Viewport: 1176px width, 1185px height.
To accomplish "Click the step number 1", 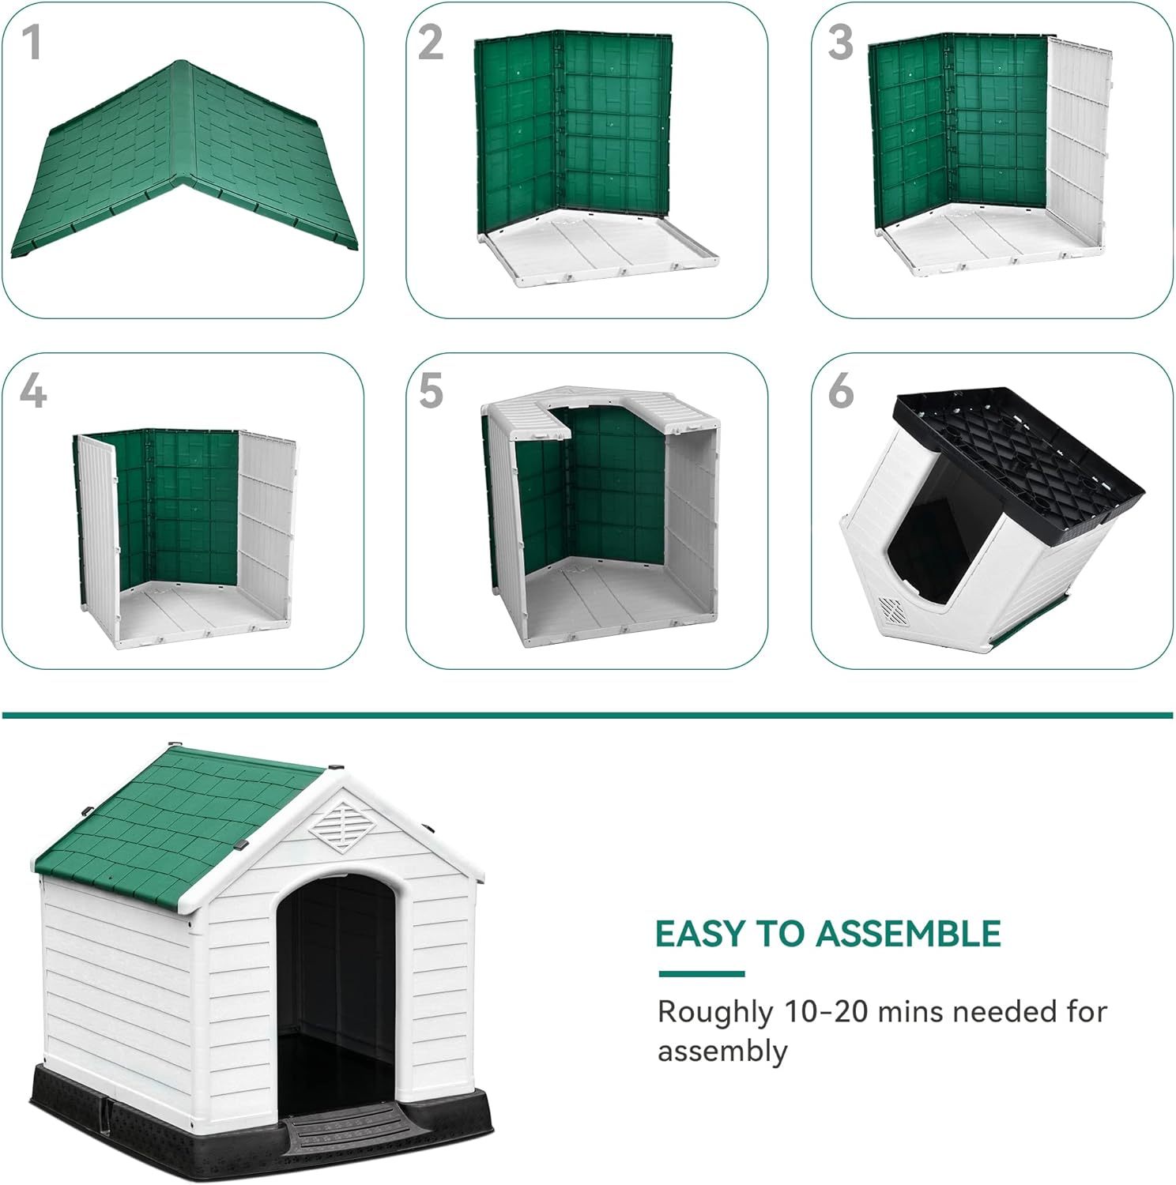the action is pyautogui.click(x=32, y=42).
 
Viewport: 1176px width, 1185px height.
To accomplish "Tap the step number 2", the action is pyautogui.click(x=431, y=42).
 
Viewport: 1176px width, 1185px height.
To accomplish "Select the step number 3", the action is pyautogui.click(x=841, y=42).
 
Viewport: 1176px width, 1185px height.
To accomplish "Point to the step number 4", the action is pyautogui.click(x=32, y=390).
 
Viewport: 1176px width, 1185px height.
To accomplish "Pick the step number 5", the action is pyautogui.click(x=432, y=390).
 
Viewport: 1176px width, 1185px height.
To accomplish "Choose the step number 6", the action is pyautogui.click(x=841, y=390).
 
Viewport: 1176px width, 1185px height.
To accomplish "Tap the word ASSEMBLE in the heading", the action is pyautogui.click(x=909, y=934).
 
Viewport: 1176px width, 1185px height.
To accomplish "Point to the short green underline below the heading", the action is pyautogui.click(x=702, y=974).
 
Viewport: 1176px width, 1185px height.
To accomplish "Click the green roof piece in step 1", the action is pyautogui.click(x=186, y=158).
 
